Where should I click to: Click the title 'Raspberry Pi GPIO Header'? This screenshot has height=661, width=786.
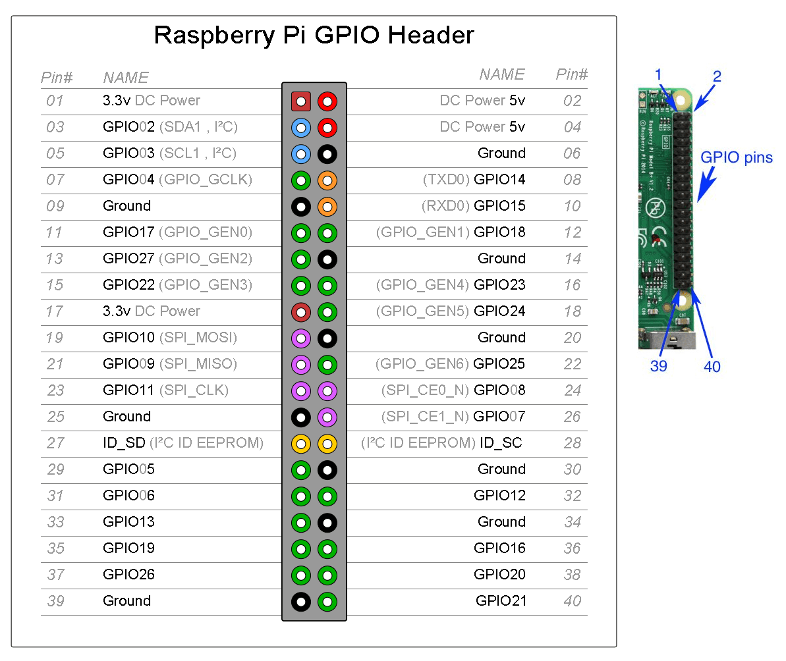(x=314, y=35)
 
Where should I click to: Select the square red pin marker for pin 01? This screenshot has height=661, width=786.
(x=301, y=101)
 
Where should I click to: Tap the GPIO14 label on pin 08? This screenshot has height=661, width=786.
(x=499, y=180)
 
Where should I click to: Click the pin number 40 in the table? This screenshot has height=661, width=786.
(x=572, y=601)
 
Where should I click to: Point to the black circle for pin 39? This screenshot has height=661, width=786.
(x=301, y=601)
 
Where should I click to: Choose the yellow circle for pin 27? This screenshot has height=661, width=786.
(x=301, y=444)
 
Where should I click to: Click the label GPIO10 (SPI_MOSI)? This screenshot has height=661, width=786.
(x=170, y=338)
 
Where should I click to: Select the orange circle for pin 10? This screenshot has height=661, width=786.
(x=327, y=207)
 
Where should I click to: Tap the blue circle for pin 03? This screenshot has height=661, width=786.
(x=301, y=128)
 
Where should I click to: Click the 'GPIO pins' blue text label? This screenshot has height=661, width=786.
(x=736, y=158)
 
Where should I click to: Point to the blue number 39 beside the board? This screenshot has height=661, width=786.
(x=659, y=367)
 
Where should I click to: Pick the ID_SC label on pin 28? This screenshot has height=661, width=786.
(x=501, y=443)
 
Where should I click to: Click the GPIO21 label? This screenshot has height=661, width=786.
(x=501, y=601)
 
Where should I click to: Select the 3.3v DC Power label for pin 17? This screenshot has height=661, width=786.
(x=152, y=311)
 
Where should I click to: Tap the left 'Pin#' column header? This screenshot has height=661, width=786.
(x=57, y=78)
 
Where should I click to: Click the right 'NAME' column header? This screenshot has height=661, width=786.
(x=502, y=74)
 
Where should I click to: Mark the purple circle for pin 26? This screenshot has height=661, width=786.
(x=327, y=417)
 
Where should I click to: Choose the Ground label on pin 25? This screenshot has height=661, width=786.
(x=127, y=417)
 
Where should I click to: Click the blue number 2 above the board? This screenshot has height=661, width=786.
(x=717, y=76)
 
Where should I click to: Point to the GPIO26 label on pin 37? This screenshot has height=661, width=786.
(x=129, y=575)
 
